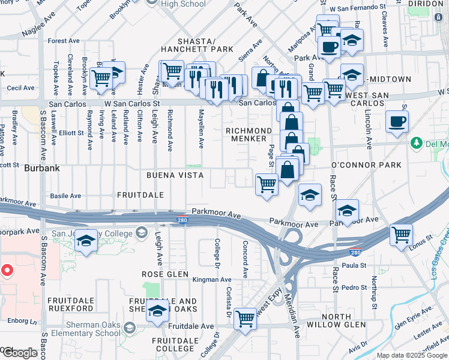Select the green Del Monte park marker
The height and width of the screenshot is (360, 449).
click(415, 143)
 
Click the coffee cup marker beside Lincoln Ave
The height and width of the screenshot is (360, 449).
click(397, 122)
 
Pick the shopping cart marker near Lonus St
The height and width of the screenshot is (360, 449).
click(401, 235)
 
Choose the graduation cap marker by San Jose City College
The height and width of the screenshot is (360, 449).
click(86, 241)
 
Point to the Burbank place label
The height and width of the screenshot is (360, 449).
click(42, 169)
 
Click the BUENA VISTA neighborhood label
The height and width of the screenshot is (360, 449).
click(175, 175)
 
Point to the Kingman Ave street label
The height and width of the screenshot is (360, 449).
click(212, 280)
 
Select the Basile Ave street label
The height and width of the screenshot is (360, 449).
click(65, 196)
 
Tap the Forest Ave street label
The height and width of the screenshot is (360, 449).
click(64, 41)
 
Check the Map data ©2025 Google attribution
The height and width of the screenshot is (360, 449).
click(411, 355)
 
